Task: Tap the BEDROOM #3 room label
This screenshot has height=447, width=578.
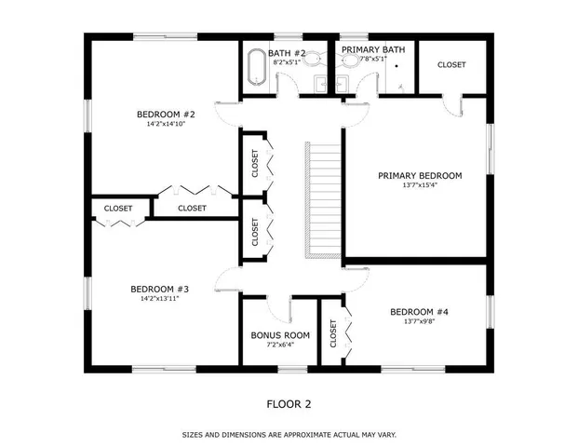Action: (160, 289)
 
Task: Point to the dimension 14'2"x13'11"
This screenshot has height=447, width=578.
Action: (160, 299)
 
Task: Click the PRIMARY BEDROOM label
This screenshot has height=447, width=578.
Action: (419, 175)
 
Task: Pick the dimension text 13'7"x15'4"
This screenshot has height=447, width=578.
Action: (419, 184)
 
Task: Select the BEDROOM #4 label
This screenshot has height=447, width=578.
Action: (419, 312)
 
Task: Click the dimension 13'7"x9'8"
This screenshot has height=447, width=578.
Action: (419, 322)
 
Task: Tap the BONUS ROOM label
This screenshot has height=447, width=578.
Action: (280, 335)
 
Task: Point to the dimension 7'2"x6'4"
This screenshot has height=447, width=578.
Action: (280, 345)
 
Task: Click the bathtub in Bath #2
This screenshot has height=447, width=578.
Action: (256, 70)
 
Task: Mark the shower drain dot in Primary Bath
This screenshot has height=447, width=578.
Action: (397, 67)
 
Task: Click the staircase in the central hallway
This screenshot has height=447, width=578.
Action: (325, 200)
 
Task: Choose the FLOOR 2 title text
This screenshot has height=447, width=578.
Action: (289, 404)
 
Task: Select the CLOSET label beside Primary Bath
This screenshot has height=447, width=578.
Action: (451, 65)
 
